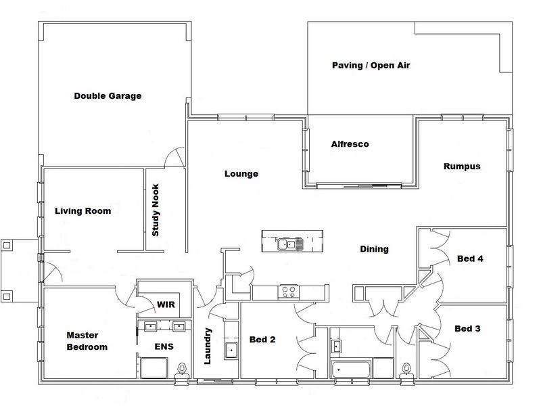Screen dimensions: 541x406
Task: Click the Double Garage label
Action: tap(108, 96)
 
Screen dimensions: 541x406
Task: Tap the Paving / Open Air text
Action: tap(371, 65)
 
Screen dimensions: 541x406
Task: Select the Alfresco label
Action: tap(350, 144)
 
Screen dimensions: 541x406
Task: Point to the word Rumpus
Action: tap(462, 166)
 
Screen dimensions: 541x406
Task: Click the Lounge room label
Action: tap(241, 174)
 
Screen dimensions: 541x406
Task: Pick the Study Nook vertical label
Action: tap(156, 210)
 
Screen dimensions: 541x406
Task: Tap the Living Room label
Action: tap(83, 211)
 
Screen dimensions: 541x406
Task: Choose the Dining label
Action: tap(375, 249)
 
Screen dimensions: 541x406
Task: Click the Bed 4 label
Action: tap(470, 258)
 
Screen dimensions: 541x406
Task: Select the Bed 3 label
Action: tap(467, 329)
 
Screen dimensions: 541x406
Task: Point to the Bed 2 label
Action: tap(262, 340)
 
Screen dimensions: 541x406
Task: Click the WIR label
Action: tap(166, 304)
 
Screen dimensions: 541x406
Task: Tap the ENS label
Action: tap(164, 346)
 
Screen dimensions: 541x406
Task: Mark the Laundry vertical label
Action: tap(208, 346)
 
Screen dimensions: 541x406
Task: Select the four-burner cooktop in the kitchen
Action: tap(289, 292)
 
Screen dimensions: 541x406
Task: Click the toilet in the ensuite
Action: tap(182, 369)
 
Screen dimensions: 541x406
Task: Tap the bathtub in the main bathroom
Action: tap(351, 369)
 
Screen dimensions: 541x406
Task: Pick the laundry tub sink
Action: tap(231, 350)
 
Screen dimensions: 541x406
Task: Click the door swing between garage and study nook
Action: tap(175, 157)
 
